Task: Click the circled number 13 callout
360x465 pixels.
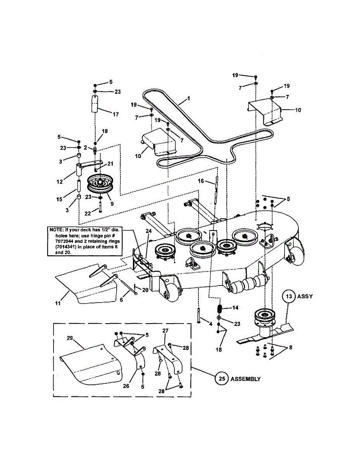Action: click(x=288, y=296)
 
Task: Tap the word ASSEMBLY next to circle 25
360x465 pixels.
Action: click(x=246, y=379)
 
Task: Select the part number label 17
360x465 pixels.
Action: click(x=115, y=114)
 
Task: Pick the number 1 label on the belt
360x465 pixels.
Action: click(x=188, y=99)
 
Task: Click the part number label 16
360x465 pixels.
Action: click(x=201, y=181)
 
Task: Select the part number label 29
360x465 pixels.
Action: click(x=70, y=338)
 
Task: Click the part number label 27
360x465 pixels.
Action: click(x=165, y=331)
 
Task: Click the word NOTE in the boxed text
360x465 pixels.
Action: click(x=58, y=229)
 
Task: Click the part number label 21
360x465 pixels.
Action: click(x=110, y=163)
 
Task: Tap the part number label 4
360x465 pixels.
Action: click(x=211, y=324)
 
